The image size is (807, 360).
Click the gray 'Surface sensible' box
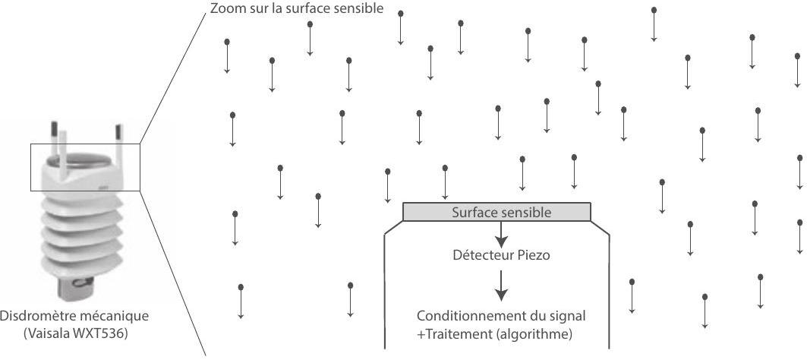(x=496, y=212)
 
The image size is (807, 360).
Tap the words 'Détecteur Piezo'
(x=501, y=255)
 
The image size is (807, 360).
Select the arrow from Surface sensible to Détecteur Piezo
(x=501, y=234)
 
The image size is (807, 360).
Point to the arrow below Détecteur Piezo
(x=501, y=286)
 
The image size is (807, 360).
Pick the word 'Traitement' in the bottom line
(x=452, y=334)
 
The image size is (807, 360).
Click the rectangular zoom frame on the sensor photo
(x=85, y=144)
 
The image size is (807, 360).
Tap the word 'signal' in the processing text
(x=569, y=315)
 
